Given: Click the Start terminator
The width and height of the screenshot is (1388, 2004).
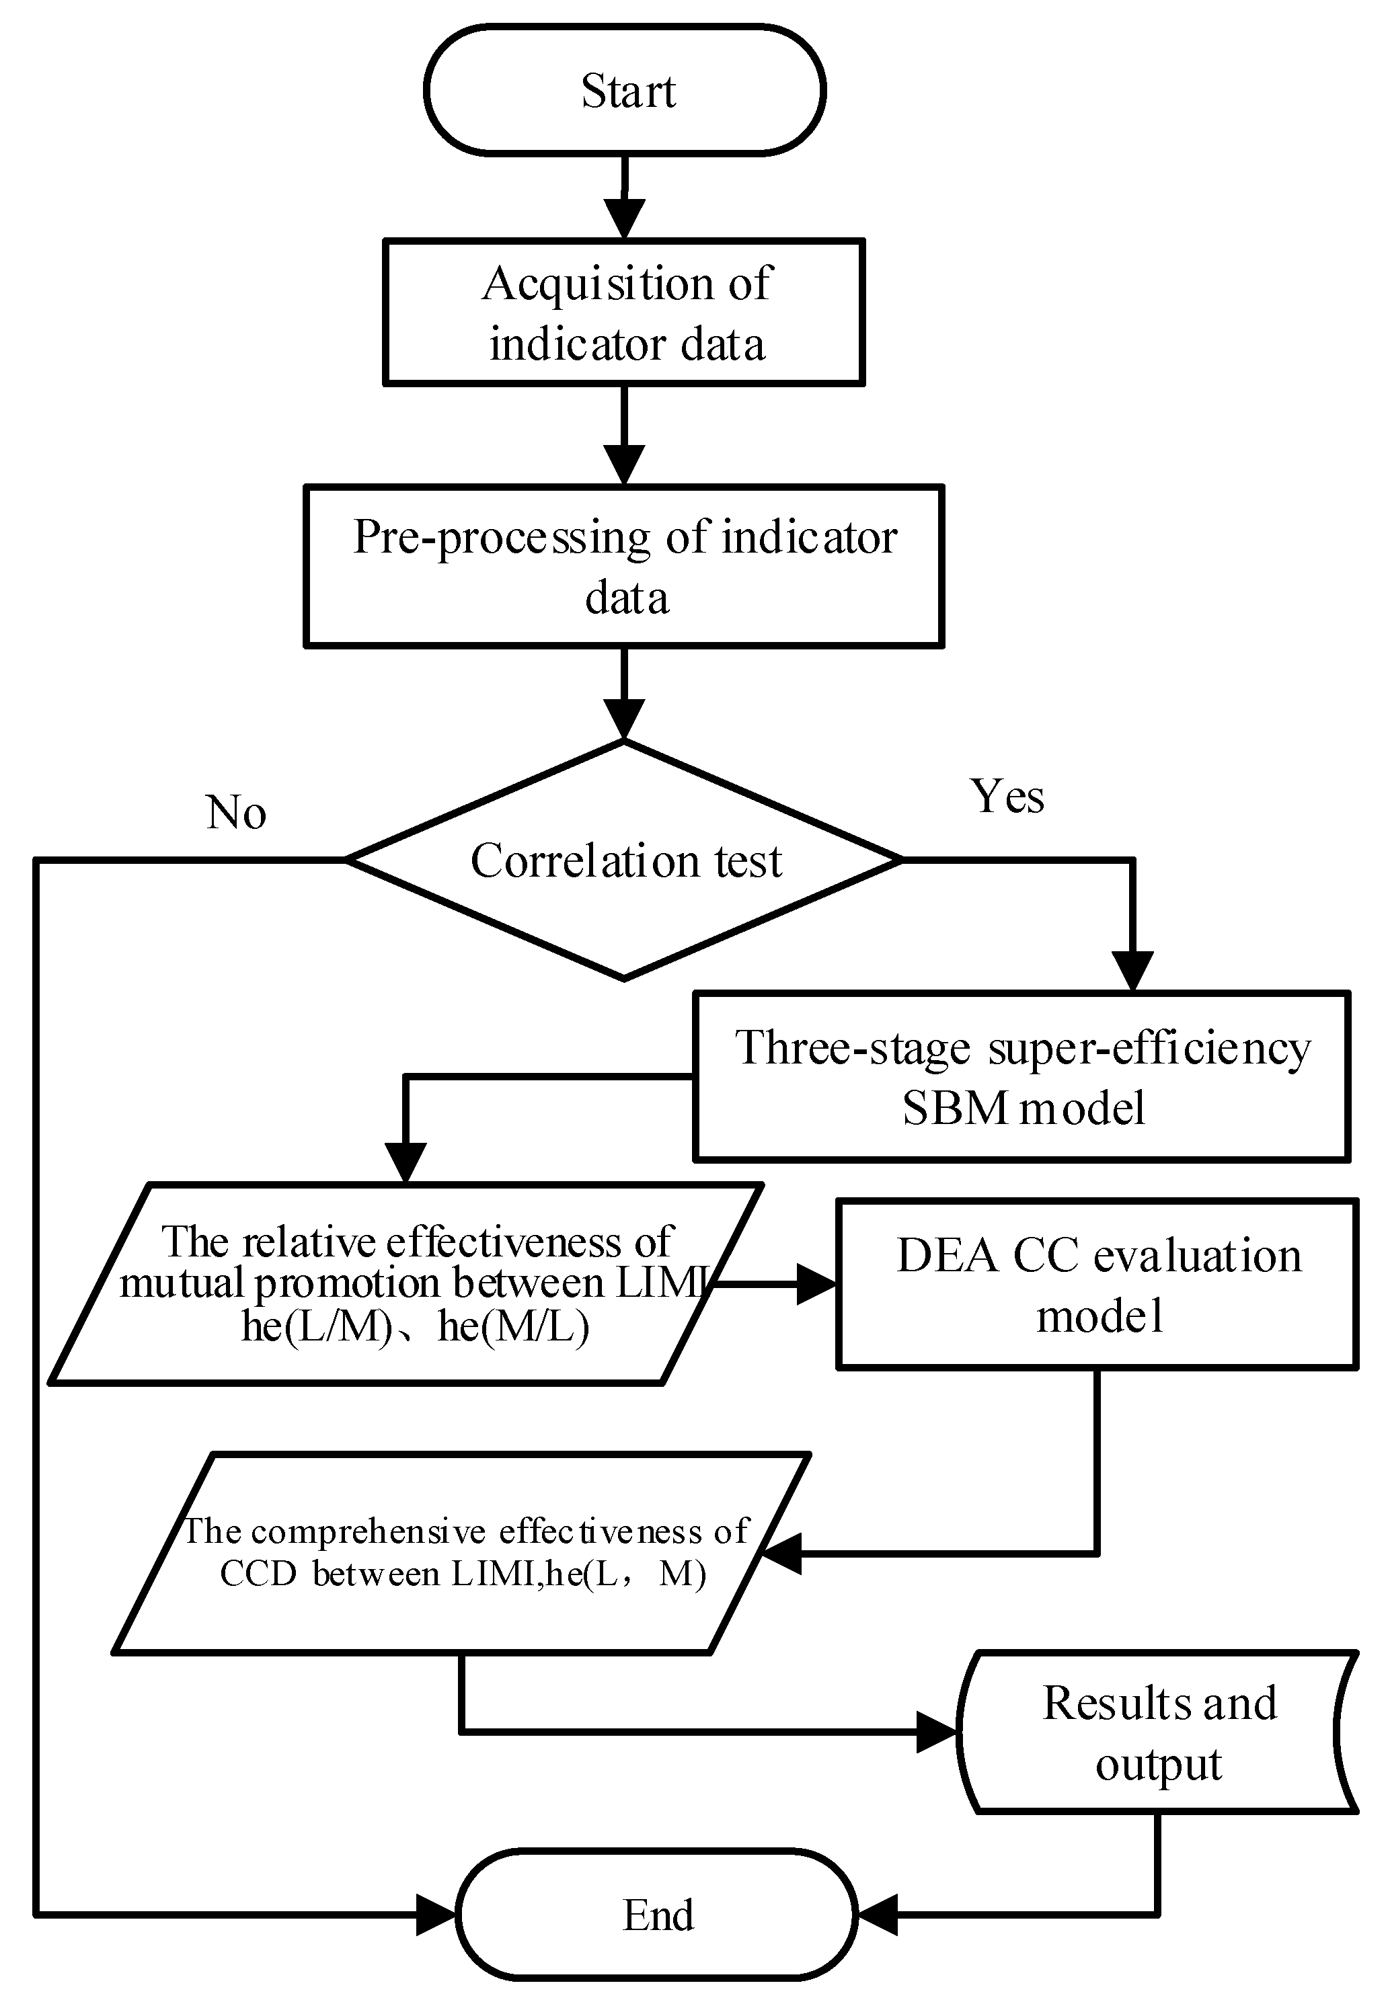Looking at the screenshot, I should click(x=625, y=91).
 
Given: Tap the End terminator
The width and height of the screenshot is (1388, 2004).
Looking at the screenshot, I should click(x=658, y=1915).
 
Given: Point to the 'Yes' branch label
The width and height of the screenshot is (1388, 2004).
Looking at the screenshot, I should click(x=1007, y=797).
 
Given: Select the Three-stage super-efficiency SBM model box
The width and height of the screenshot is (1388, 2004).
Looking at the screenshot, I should click(x=1022, y=1076).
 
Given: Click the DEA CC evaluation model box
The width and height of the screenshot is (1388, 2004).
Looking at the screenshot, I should click(x=1097, y=1284).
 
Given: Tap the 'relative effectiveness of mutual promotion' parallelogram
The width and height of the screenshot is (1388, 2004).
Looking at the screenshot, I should click(x=406, y=1284).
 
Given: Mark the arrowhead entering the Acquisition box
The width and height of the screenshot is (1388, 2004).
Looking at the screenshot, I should click(x=625, y=219).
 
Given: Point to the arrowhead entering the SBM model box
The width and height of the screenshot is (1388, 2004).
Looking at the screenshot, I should click(x=1132, y=972).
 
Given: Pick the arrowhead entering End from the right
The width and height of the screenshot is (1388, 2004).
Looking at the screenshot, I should click(x=877, y=1915).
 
